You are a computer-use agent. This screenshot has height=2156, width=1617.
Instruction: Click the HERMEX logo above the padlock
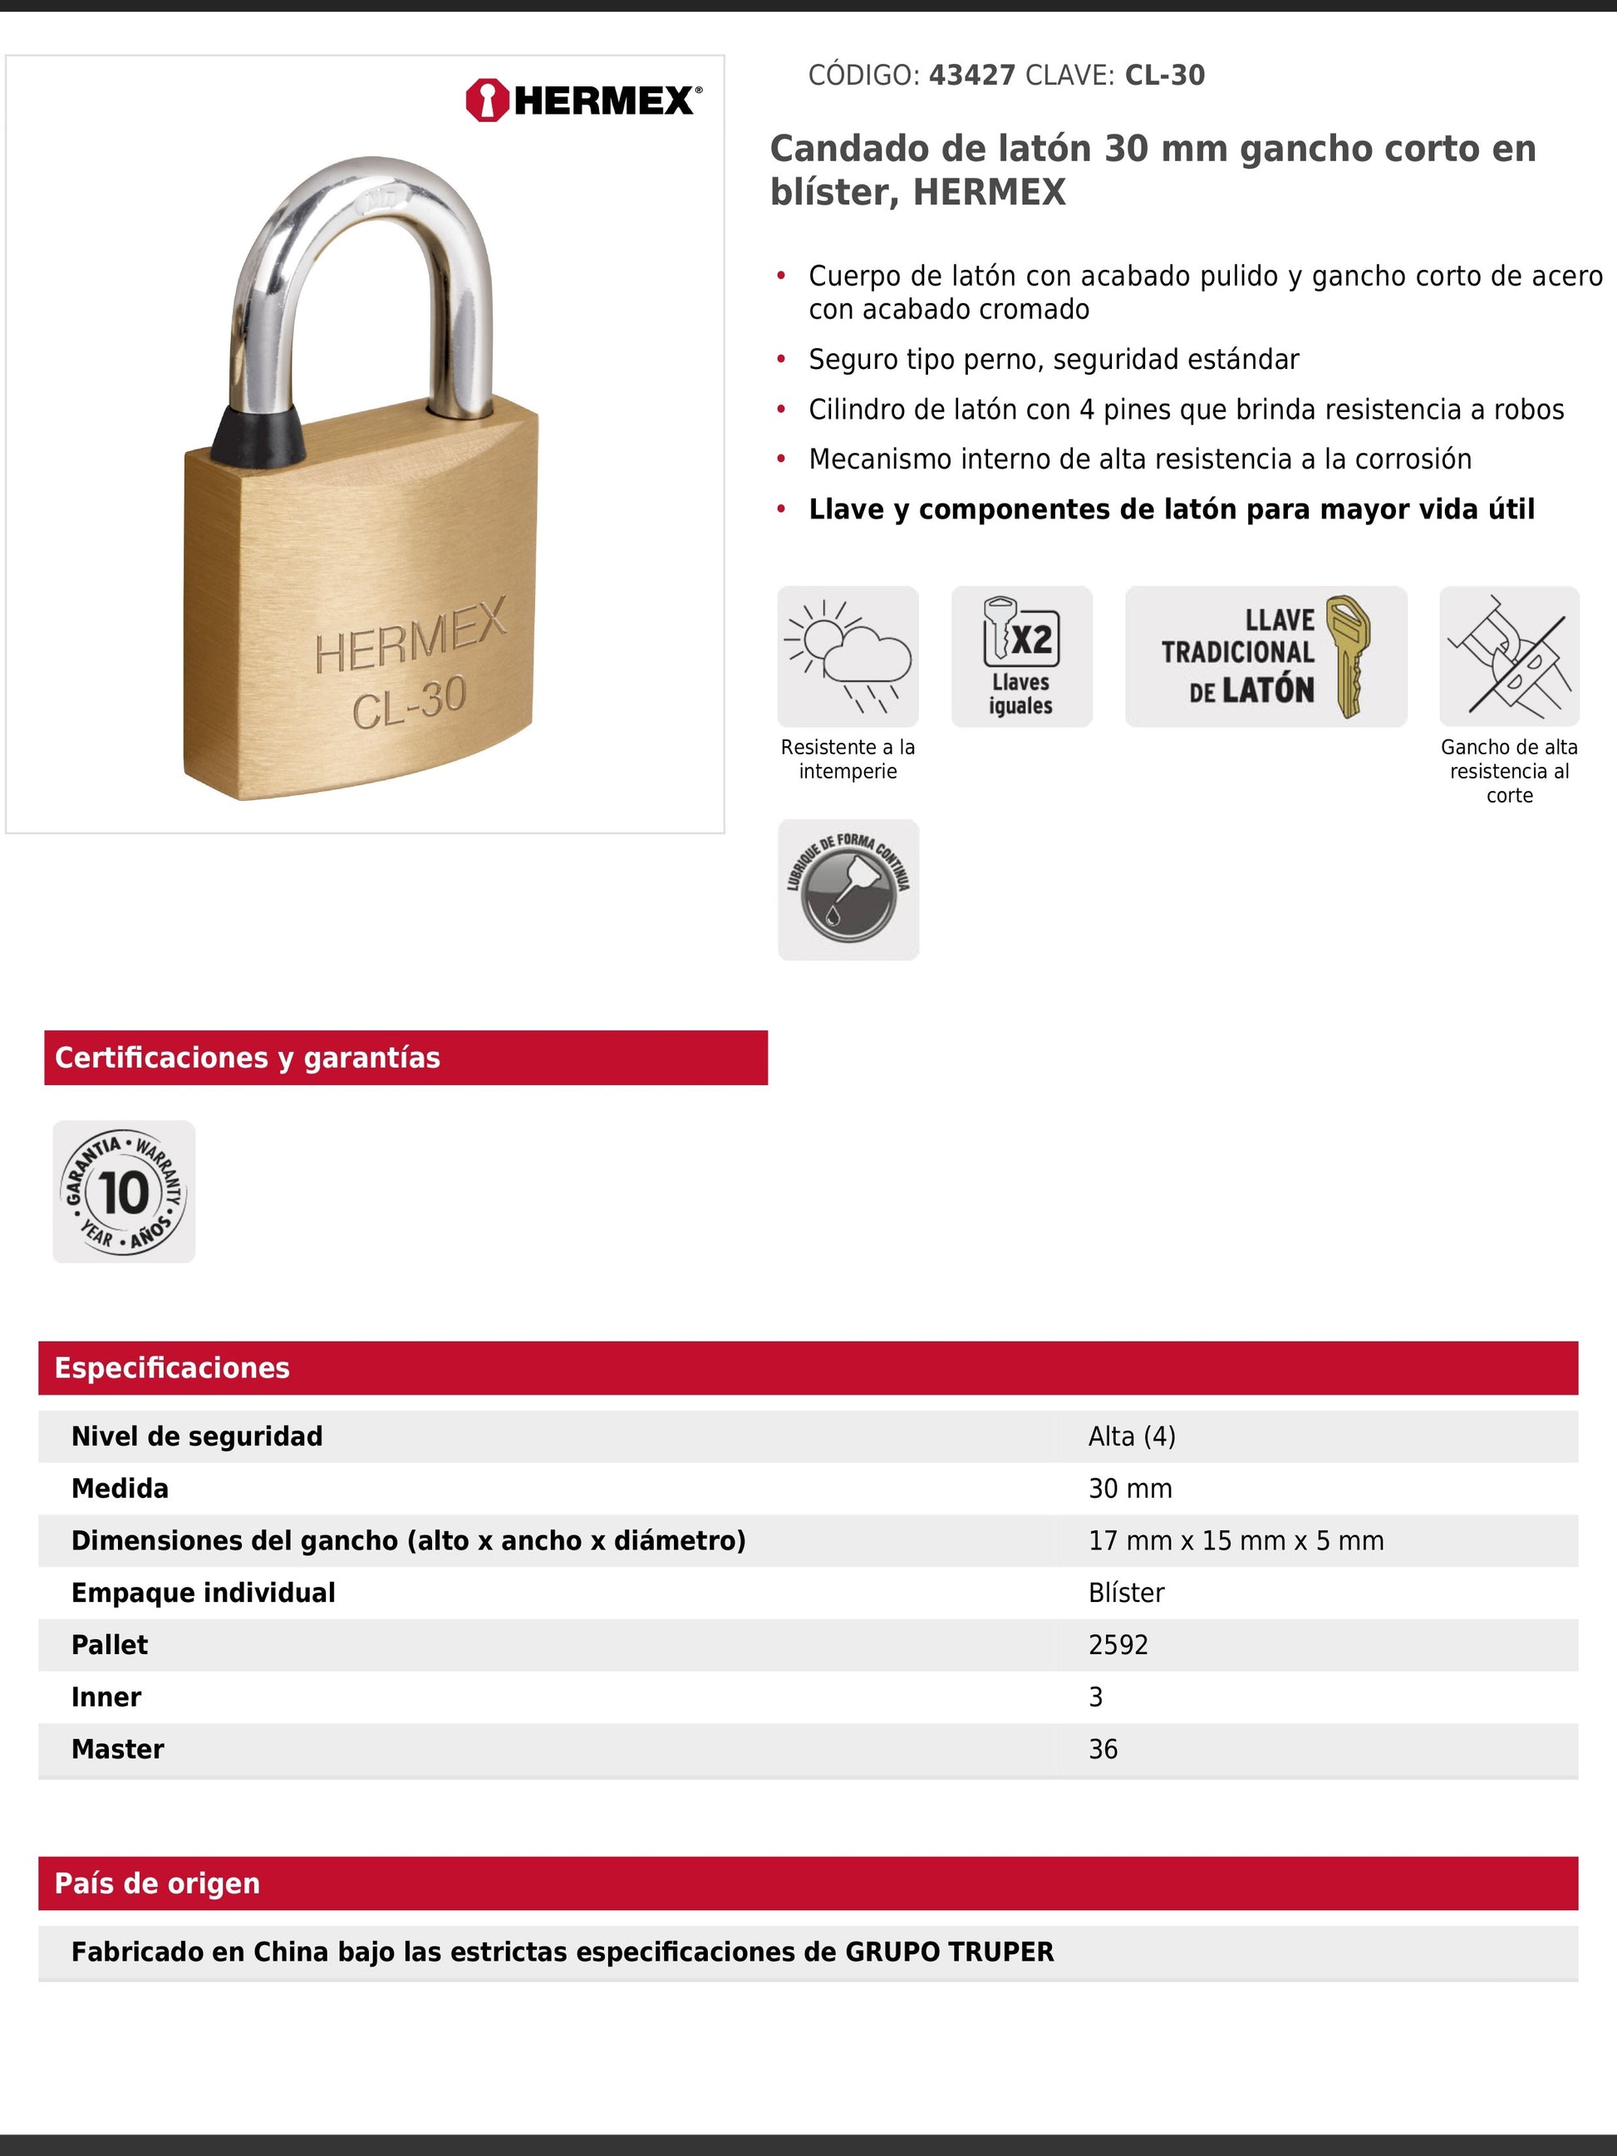582,101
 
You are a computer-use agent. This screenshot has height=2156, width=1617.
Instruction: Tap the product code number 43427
971,75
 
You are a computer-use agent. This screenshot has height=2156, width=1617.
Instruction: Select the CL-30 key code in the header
1165,75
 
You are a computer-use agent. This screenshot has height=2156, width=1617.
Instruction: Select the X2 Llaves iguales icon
1021,656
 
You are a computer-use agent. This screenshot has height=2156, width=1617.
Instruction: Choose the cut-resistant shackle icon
1509,656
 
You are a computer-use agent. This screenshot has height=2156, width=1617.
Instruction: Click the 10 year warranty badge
124,1192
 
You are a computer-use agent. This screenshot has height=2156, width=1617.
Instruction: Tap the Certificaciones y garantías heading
248,1058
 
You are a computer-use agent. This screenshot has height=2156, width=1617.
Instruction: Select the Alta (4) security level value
1132,1437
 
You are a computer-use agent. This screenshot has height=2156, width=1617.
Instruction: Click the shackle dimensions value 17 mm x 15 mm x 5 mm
1236,1541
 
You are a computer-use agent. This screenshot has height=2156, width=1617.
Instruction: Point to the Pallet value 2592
1118,1645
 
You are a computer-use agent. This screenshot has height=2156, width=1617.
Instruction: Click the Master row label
118,1750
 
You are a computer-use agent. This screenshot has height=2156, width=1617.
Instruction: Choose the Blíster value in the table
1126,1593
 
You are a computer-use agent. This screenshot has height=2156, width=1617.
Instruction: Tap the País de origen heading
157,1883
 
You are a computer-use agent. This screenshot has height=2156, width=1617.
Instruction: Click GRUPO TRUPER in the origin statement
948,1952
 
